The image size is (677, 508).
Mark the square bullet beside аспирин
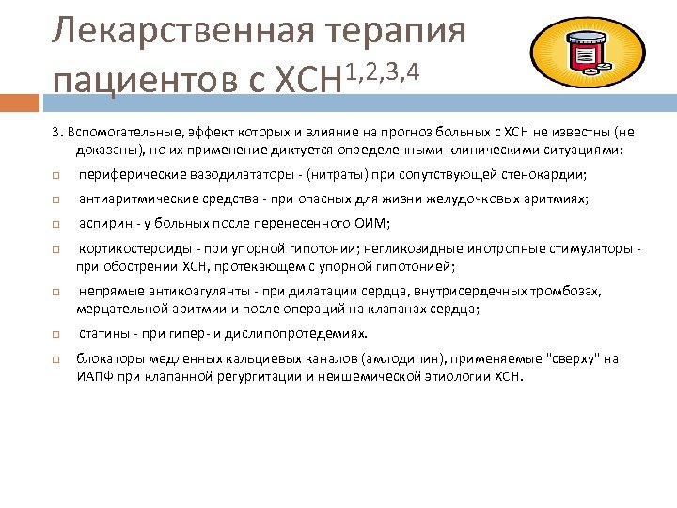57,223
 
